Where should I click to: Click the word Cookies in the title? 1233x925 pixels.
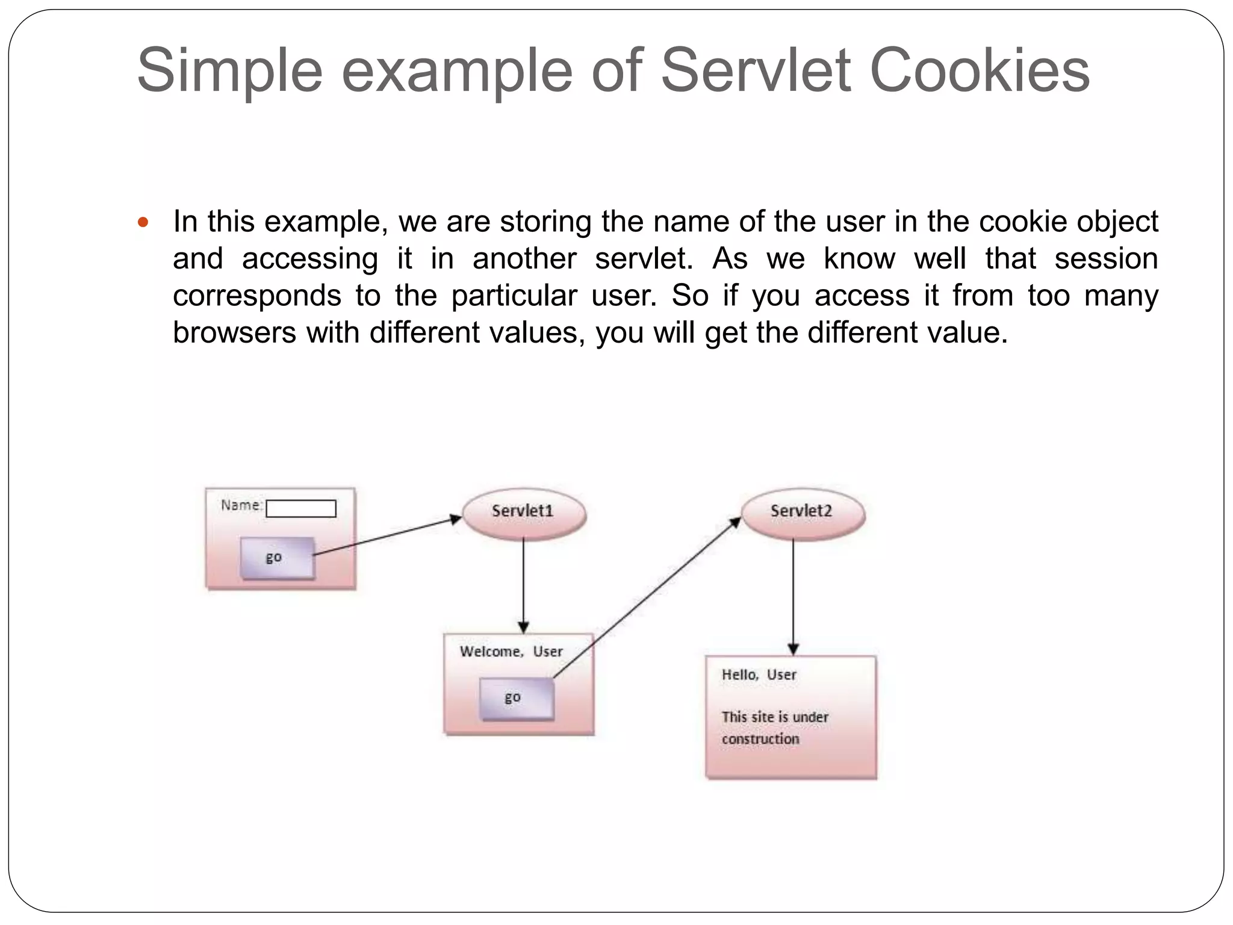coord(980,70)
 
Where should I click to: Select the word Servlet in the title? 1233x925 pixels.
coord(756,70)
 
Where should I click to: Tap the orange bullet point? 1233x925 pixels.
coord(143,223)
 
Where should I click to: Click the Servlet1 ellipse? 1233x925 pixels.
coord(523,512)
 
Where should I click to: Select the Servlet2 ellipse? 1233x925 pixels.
coord(802,512)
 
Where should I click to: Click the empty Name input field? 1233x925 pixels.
coord(301,509)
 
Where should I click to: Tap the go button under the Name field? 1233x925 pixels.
coord(276,558)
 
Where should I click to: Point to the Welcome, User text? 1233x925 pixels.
coord(511,652)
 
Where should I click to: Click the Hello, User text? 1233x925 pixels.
coord(759,675)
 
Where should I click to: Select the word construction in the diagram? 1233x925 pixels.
coord(760,739)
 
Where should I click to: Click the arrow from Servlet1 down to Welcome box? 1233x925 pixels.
coord(523,584)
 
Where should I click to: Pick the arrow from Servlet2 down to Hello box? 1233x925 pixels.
coord(793,596)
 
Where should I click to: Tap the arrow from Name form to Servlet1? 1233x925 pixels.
coord(385,536)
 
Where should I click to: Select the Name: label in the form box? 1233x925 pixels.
coord(241,505)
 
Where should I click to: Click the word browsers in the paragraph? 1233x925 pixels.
coord(234,332)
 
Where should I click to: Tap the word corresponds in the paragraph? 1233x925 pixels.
coord(257,296)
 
